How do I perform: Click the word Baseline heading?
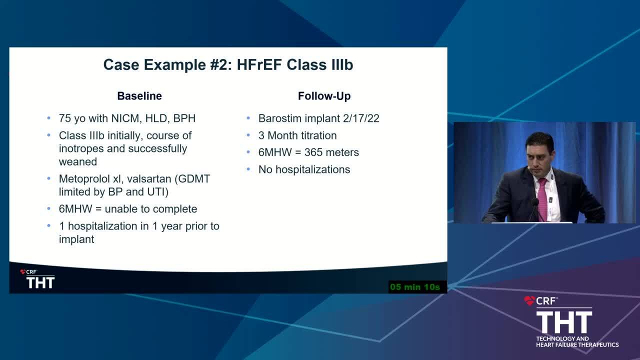[139, 96]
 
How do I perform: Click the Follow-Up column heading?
[324, 96]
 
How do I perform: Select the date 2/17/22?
[361, 118]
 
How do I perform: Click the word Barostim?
[277, 118]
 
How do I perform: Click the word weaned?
[78, 162]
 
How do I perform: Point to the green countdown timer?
[415, 287]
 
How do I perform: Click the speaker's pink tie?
[542, 198]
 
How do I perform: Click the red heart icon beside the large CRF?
[529, 300]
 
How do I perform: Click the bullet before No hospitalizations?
[248, 169]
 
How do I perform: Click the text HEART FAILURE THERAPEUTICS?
[577, 345]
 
